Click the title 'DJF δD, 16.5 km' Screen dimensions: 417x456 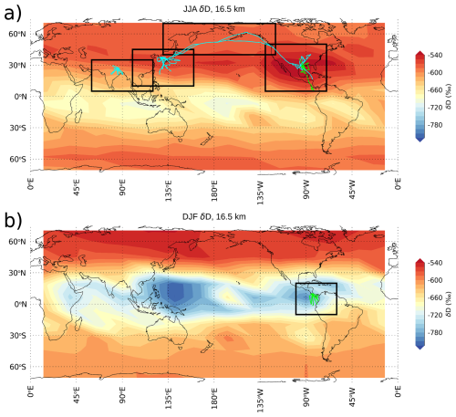[x=213, y=220]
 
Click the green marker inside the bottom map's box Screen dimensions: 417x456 [x=313, y=297]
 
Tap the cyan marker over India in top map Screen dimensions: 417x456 [x=117, y=70]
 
